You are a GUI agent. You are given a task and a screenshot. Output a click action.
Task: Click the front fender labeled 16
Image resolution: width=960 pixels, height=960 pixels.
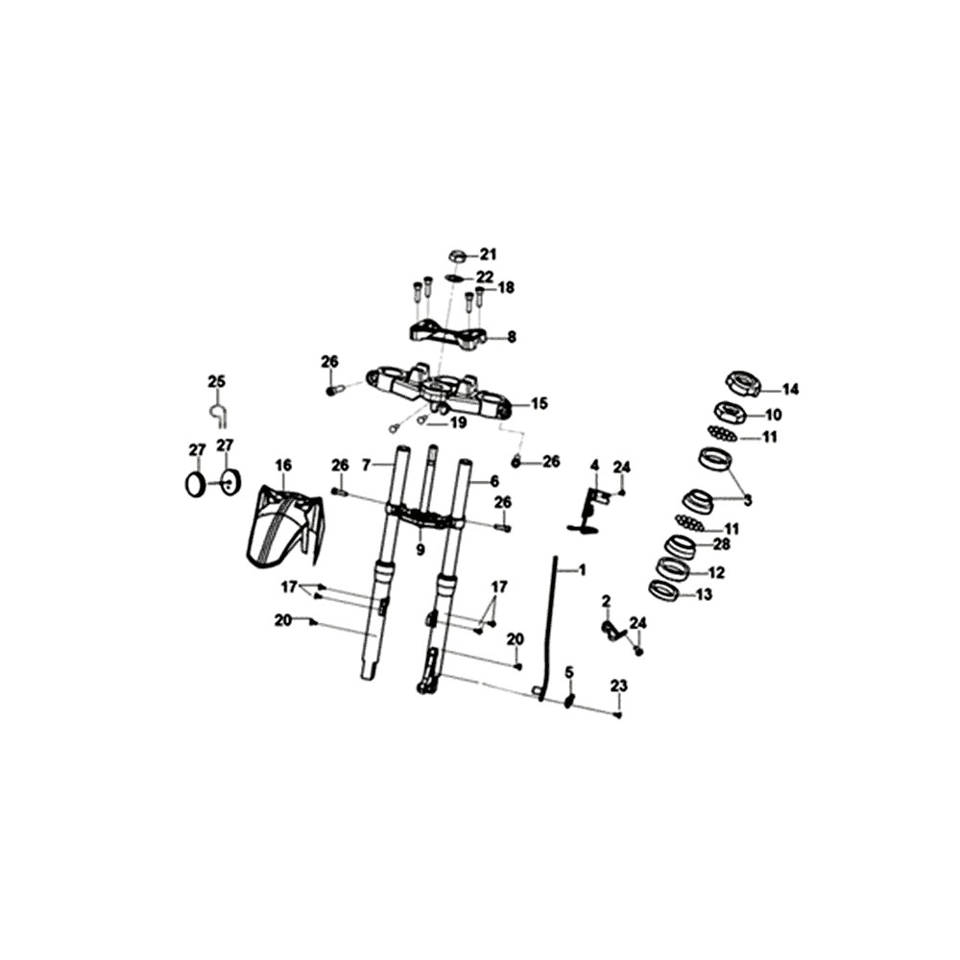pos(285,524)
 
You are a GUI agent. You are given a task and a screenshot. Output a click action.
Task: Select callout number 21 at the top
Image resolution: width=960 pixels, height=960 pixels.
pos(488,254)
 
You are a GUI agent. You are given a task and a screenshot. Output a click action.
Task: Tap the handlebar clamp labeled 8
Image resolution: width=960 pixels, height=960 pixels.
pos(448,335)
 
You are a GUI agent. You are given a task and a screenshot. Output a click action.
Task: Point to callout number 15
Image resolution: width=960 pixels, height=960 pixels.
pos(540,404)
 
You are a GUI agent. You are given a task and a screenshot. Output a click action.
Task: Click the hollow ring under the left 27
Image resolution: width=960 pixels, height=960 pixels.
pos(196,484)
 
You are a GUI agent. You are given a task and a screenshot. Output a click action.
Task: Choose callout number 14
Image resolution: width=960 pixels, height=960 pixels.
pos(790,390)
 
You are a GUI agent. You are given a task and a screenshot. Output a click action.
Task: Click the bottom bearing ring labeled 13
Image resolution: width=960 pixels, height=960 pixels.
pos(663,590)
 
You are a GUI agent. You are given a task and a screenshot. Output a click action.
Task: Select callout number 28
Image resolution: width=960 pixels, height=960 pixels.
pos(722,543)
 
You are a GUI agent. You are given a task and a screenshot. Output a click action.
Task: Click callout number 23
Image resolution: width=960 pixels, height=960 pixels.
pos(619,686)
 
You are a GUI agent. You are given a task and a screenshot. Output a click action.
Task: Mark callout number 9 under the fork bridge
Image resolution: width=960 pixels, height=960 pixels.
pos(420,550)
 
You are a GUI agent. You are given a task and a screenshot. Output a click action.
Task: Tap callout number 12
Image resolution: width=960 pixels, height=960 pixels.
pos(716,572)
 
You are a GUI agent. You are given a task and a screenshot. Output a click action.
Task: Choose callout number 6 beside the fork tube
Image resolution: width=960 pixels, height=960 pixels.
pos(493,481)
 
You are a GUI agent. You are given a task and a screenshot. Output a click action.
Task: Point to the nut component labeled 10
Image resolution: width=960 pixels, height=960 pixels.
pos(731,411)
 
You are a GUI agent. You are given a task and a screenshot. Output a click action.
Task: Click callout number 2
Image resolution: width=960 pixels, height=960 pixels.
pos(606,601)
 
